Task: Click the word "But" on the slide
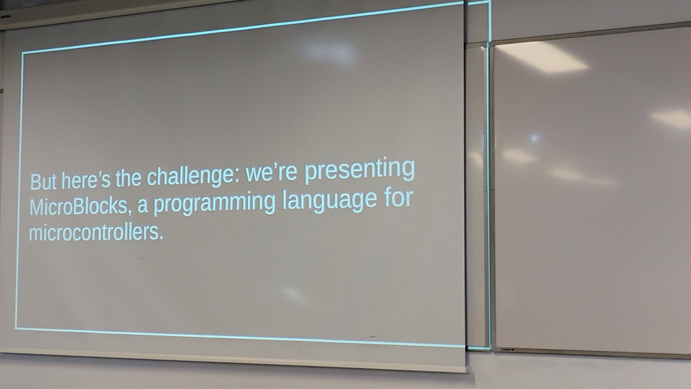[43, 181]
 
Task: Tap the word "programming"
[214, 203]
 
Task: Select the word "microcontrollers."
[96, 232]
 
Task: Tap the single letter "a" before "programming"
[142, 207]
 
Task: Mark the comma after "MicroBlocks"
[130, 213]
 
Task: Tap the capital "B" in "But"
[35, 182]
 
